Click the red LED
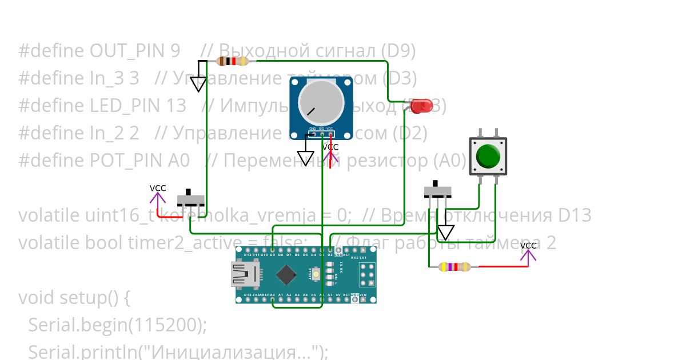[422, 105]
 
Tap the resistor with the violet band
[454, 266]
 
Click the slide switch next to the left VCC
[191, 199]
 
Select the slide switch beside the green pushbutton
[437, 190]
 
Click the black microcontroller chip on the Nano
[286, 275]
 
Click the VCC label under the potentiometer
[330, 147]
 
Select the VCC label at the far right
[528, 246]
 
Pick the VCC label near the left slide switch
[158, 188]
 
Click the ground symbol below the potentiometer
[306, 158]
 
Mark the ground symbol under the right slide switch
[446, 232]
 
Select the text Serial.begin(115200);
[117, 325]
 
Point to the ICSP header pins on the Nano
[366, 275]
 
